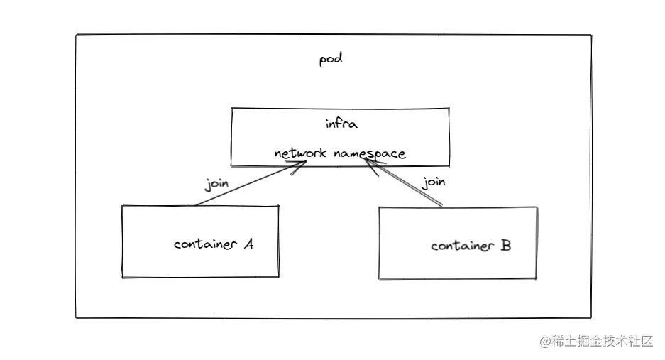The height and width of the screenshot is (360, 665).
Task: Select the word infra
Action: tap(341, 124)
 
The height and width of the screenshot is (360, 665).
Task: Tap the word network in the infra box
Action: tap(299, 153)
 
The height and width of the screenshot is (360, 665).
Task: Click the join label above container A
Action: tap(216, 184)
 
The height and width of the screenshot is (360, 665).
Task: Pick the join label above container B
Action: tap(434, 182)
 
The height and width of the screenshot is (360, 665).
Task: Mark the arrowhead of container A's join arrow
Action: tap(302, 164)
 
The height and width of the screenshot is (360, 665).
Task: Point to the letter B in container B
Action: tap(505, 246)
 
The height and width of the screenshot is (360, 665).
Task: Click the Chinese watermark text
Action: tap(603, 342)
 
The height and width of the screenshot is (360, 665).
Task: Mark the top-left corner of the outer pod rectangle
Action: tap(76, 35)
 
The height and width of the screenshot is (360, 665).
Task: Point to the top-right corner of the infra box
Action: tap(449, 109)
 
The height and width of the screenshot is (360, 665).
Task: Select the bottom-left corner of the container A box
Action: tap(122, 277)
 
